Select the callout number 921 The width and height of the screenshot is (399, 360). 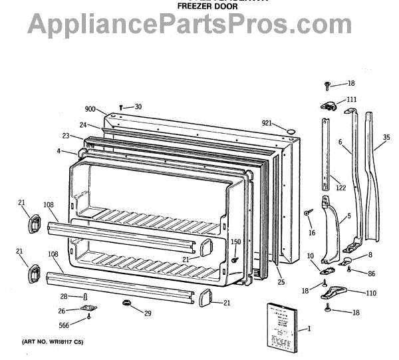click(267, 122)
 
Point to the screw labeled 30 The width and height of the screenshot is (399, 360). click(121, 107)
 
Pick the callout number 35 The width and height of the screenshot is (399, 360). click(387, 139)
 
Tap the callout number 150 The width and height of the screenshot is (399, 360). click(235, 242)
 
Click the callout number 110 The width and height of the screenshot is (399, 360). click(371, 293)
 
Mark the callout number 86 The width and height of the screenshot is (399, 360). click(370, 273)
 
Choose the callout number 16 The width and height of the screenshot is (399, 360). click(311, 233)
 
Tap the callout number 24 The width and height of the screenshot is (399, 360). click(83, 124)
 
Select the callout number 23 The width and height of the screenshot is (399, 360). click(66, 136)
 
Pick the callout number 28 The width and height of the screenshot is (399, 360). click(64, 296)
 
